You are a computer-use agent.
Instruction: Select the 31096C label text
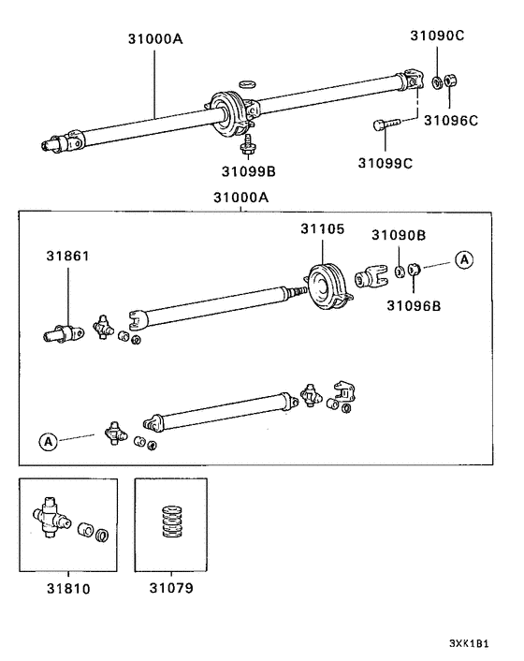(x=451, y=120)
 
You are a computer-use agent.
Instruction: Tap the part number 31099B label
(x=248, y=171)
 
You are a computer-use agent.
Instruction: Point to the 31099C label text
(x=386, y=163)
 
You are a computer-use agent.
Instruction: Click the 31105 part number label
(x=322, y=229)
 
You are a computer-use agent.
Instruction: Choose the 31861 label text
(x=69, y=255)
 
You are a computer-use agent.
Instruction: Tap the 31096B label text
(x=415, y=304)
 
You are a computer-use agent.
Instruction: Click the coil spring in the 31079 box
(x=171, y=525)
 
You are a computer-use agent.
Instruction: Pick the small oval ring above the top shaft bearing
(x=247, y=83)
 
